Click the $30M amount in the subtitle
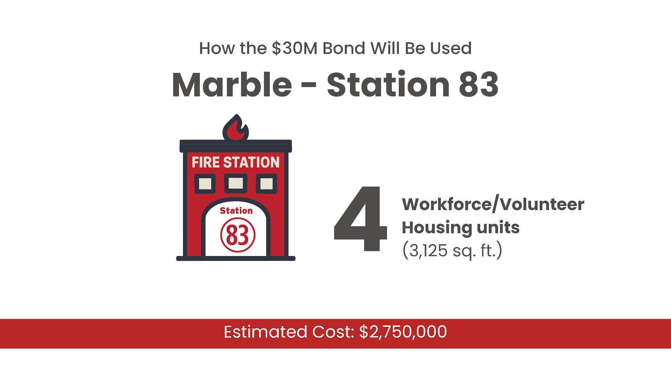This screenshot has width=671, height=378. (x=295, y=48)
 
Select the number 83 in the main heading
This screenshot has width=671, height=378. (x=478, y=84)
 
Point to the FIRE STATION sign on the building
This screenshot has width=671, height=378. (x=236, y=162)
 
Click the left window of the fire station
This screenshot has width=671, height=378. (x=205, y=184)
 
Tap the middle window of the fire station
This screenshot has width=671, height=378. (x=236, y=183)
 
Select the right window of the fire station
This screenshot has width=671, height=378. (x=266, y=184)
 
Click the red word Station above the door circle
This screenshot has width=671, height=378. (x=236, y=211)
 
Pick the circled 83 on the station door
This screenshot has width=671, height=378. (x=238, y=235)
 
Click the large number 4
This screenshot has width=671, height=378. (x=360, y=219)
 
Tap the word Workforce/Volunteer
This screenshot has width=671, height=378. (x=493, y=204)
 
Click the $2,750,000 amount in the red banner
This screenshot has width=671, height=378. (x=403, y=332)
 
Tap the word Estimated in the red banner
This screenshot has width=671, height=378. (x=265, y=332)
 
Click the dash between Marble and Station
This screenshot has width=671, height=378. (x=309, y=86)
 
